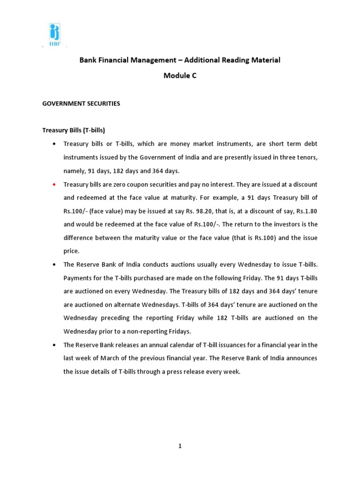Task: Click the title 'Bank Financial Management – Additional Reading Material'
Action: [x=180, y=60]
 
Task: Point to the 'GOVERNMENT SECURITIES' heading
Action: [x=81, y=104]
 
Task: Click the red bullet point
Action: [x=54, y=184]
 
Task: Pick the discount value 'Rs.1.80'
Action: [x=308, y=211]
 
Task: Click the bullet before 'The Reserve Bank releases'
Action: [x=54, y=345]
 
